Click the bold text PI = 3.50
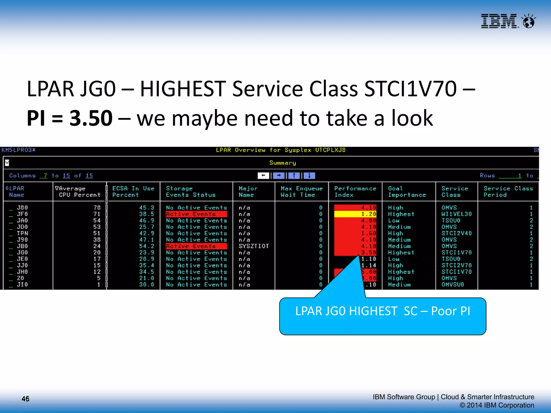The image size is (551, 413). (69, 118)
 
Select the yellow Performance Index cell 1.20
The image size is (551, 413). (355, 214)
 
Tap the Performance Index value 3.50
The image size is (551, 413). (368, 252)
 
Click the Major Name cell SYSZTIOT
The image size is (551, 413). (254, 246)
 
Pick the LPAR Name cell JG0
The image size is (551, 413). (22, 252)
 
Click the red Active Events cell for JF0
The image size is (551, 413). (196, 214)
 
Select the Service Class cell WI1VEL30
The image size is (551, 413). (457, 214)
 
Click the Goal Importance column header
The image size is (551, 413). (407, 191)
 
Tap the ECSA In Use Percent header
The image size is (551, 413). (133, 191)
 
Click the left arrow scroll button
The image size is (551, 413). (263, 176)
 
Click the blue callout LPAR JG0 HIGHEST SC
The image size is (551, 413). (383, 316)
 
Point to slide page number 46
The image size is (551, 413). (26, 399)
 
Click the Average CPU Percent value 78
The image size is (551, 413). (97, 208)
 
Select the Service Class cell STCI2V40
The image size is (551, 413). (457, 233)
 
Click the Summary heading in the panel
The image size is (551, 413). (282, 163)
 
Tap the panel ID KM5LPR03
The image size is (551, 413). (18, 150)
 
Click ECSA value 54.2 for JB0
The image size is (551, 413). (147, 246)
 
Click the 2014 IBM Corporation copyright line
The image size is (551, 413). (497, 405)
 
